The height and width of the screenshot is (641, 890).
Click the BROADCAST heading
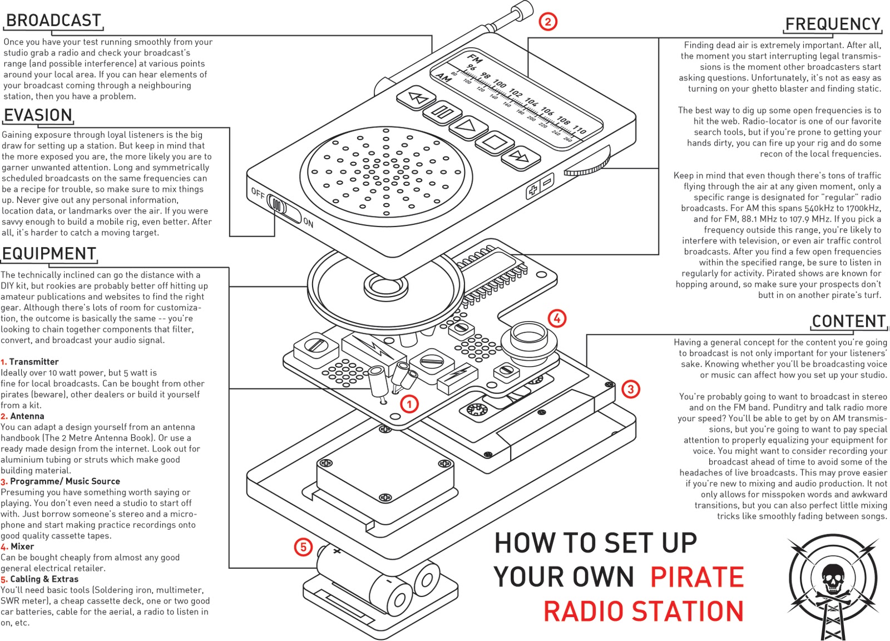pyautogui.click(x=53, y=21)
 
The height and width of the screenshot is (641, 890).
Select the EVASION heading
pyautogui.click(x=38, y=115)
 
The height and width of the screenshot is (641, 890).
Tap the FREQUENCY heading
pyautogui.click(x=833, y=24)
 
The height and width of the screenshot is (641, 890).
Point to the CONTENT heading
pyautogui.click(x=848, y=322)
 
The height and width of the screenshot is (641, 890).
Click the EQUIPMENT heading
pyautogui.click(x=49, y=254)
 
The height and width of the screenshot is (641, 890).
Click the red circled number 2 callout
pyautogui.click(x=548, y=22)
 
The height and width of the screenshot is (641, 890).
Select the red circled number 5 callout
pyautogui.click(x=303, y=547)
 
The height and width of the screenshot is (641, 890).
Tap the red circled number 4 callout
pyautogui.click(x=557, y=318)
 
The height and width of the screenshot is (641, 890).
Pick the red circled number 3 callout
pyautogui.click(x=630, y=389)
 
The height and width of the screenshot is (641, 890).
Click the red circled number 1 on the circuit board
pyautogui.click(x=409, y=404)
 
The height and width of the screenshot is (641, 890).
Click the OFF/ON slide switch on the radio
pyautogui.click(x=278, y=205)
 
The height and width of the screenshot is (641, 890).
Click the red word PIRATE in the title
pyautogui.click(x=697, y=577)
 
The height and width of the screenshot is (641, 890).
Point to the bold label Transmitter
pyautogui.click(x=34, y=362)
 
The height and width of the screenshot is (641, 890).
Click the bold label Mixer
pyautogui.click(x=22, y=546)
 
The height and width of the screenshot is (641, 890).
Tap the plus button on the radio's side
pyautogui.click(x=533, y=191)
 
